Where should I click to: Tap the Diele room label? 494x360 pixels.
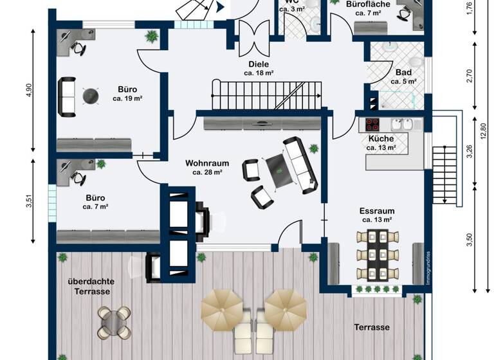259,64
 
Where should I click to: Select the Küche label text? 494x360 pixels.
381,138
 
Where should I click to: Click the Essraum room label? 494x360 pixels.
376,210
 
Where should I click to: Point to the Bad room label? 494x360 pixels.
403,73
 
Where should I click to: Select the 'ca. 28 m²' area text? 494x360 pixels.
206,172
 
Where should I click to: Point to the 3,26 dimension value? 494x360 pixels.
470,152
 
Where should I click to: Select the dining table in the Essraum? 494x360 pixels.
378,255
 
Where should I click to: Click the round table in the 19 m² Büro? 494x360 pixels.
91,96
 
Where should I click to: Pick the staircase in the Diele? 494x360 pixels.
266,95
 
